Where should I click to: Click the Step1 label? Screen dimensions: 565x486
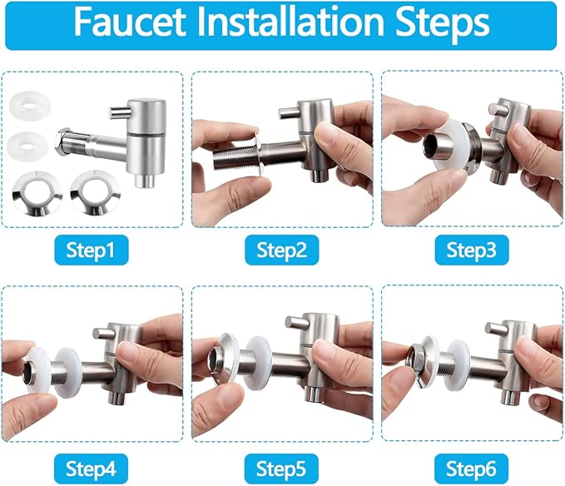pyautogui.click(x=92, y=250)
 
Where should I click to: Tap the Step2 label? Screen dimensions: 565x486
pyautogui.click(x=281, y=250)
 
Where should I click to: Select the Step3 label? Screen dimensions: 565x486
pyautogui.click(x=471, y=250)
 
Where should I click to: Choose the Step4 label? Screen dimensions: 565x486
pyautogui.click(x=92, y=469)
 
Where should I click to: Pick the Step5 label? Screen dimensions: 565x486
pyautogui.click(x=281, y=469)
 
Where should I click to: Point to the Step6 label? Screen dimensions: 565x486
pyautogui.click(x=471, y=469)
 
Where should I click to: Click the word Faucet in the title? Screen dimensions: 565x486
pyautogui.click(x=130, y=22)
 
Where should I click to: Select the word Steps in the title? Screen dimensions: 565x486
pyautogui.click(x=443, y=24)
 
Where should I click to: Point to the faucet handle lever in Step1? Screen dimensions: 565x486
pyautogui.click(x=118, y=112)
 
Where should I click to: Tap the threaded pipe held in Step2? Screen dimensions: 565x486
pyautogui.click(x=234, y=158)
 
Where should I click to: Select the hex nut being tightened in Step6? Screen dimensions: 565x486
pyautogui.click(x=416, y=364)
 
